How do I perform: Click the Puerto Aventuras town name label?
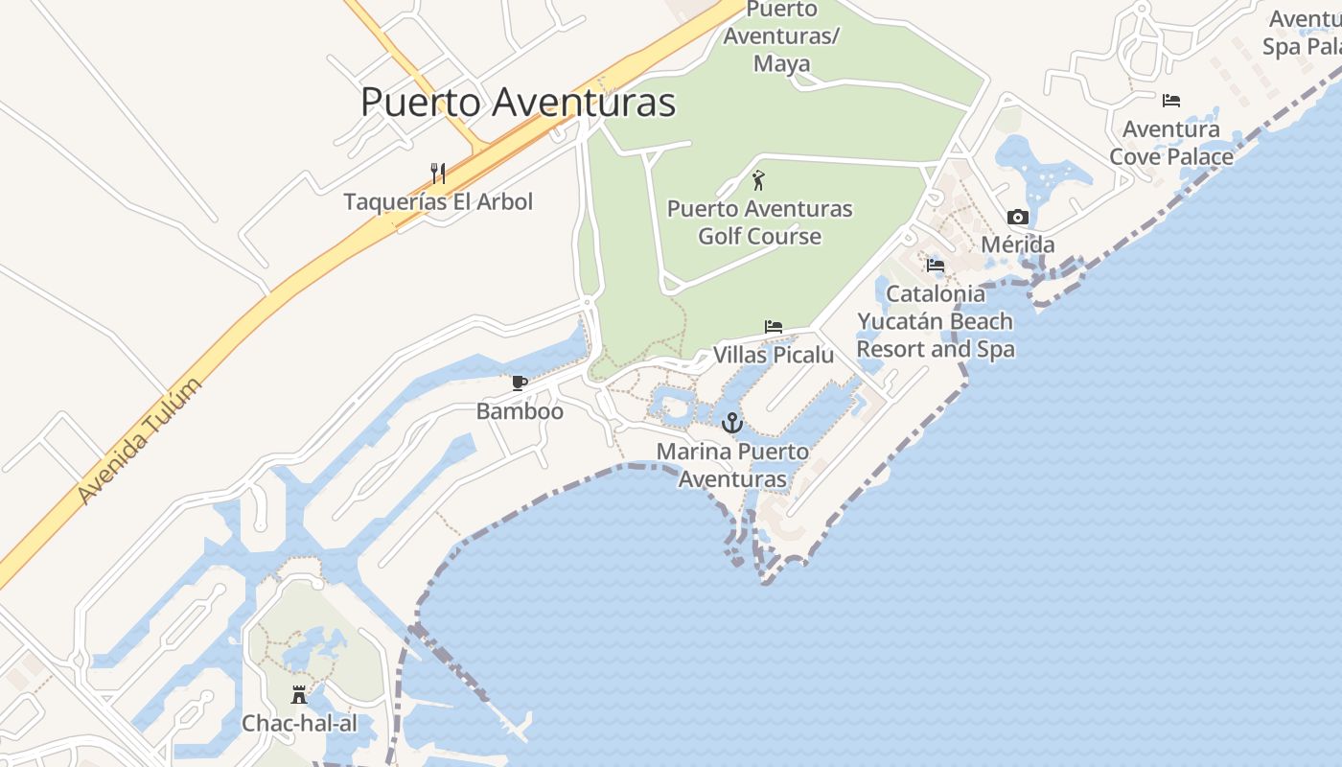click(x=518, y=103)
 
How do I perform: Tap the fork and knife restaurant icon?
click(x=438, y=174)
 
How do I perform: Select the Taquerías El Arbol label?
click(x=438, y=202)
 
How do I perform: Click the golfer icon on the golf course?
click(x=759, y=179)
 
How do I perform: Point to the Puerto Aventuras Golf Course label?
click(x=759, y=222)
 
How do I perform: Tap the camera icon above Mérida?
click(x=1018, y=218)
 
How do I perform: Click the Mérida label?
click(x=1018, y=244)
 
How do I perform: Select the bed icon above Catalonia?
click(x=936, y=265)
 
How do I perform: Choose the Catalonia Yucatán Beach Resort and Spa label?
click(x=936, y=321)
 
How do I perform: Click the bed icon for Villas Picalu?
click(x=774, y=327)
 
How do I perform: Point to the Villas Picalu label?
click(x=774, y=355)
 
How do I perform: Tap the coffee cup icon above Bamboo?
click(x=520, y=383)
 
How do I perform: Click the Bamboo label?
click(x=520, y=411)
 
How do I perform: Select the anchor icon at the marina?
click(x=732, y=422)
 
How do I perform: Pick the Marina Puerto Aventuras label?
click(x=732, y=465)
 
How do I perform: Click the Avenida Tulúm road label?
click(x=140, y=441)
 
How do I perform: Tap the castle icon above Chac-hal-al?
click(x=299, y=695)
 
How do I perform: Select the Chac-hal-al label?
click(x=299, y=723)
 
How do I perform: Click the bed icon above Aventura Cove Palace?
click(x=1170, y=101)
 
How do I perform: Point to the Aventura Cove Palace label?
click(x=1170, y=142)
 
